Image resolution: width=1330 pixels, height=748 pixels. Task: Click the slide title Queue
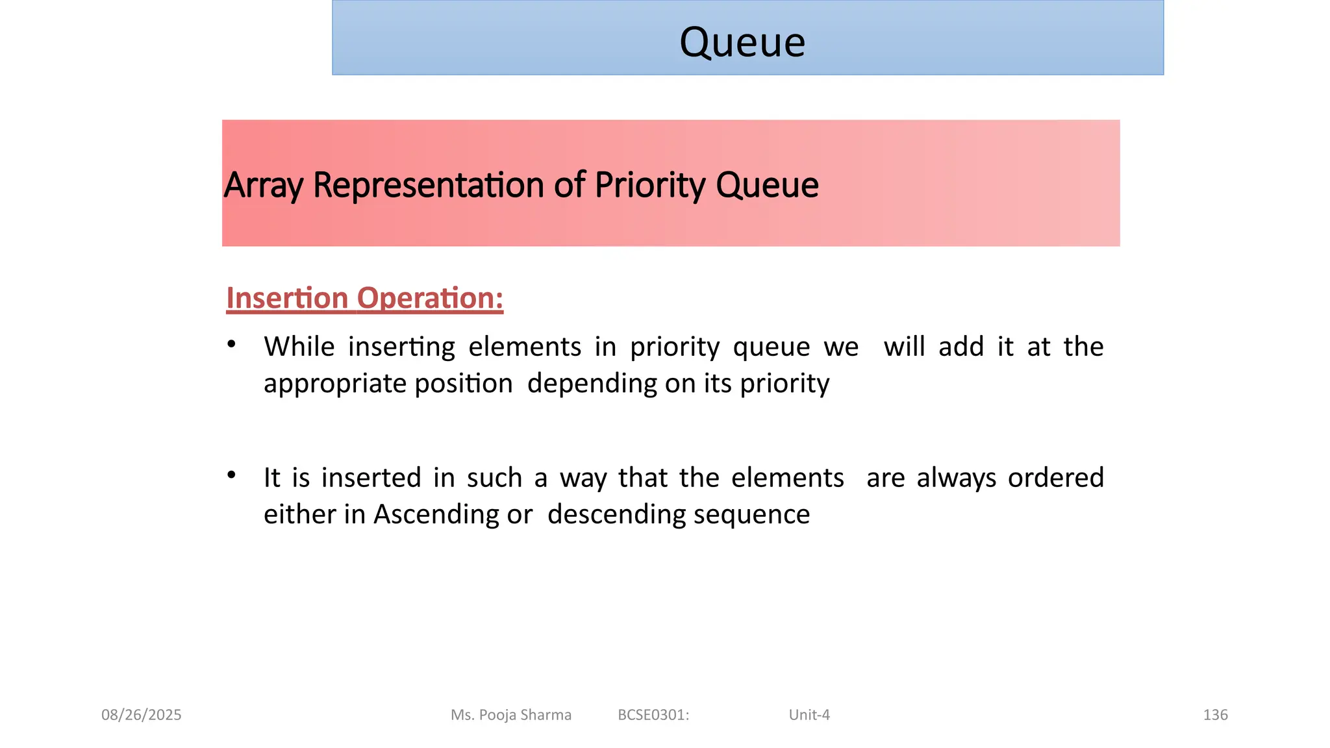[x=742, y=43]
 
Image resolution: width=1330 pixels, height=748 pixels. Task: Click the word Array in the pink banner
[x=263, y=186]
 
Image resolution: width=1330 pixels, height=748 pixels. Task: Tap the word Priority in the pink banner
[x=649, y=186]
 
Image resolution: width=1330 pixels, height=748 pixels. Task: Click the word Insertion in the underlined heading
[x=287, y=298]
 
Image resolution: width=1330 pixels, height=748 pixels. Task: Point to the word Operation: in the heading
[x=430, y=298]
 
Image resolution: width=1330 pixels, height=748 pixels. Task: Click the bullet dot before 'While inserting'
[x=231, y=344]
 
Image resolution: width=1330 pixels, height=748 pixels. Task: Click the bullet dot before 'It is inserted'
[x=231, y=475]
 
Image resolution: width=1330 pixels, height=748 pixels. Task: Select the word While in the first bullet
[x=299, y=347]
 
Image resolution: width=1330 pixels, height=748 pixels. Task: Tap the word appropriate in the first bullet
[x=335, y=384]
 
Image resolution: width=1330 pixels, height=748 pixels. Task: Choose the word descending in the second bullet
[x=616, y=514]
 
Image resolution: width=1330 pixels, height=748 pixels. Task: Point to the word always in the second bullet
[x=956, y=478]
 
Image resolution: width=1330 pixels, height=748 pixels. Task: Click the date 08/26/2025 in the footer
[x=142, y=715]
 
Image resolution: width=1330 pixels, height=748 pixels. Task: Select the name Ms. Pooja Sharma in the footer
[x=511, y=715]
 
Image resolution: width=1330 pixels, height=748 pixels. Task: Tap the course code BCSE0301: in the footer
[x=653, y=715]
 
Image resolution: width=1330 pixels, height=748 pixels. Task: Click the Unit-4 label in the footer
[x=809, y=715]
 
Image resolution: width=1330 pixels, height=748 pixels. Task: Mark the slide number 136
[x=1215, y=715]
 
